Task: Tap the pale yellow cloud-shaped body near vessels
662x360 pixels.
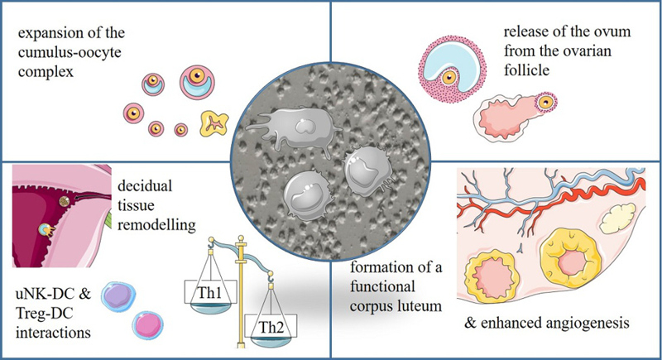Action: tap(616, 218)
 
